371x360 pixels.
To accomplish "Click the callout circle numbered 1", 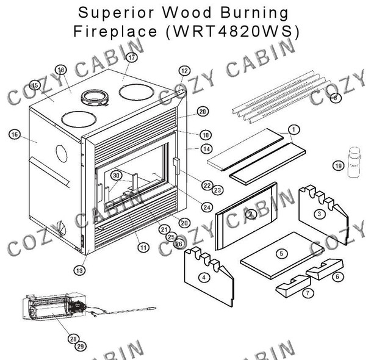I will [x=294, y=129].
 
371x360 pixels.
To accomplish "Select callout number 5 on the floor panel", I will [x=281, y=253].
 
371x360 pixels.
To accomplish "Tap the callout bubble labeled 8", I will [x=334, y=98].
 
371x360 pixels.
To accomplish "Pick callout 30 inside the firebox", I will [x=115, y=176].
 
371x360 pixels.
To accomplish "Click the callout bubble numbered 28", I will [x=73, y=338].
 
